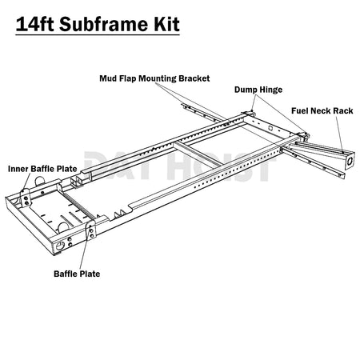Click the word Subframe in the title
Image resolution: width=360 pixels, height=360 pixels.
104,24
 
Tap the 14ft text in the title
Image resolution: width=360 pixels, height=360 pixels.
35,24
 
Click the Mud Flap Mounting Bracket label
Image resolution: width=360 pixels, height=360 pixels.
154,78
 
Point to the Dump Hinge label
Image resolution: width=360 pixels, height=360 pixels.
258,90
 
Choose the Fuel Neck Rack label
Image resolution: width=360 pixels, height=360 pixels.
322,110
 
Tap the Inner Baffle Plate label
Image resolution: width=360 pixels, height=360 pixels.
42,169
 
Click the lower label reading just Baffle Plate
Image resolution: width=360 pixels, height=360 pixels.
77,274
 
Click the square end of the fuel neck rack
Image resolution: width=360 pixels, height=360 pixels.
350,161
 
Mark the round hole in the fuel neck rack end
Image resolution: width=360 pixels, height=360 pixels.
350,161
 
